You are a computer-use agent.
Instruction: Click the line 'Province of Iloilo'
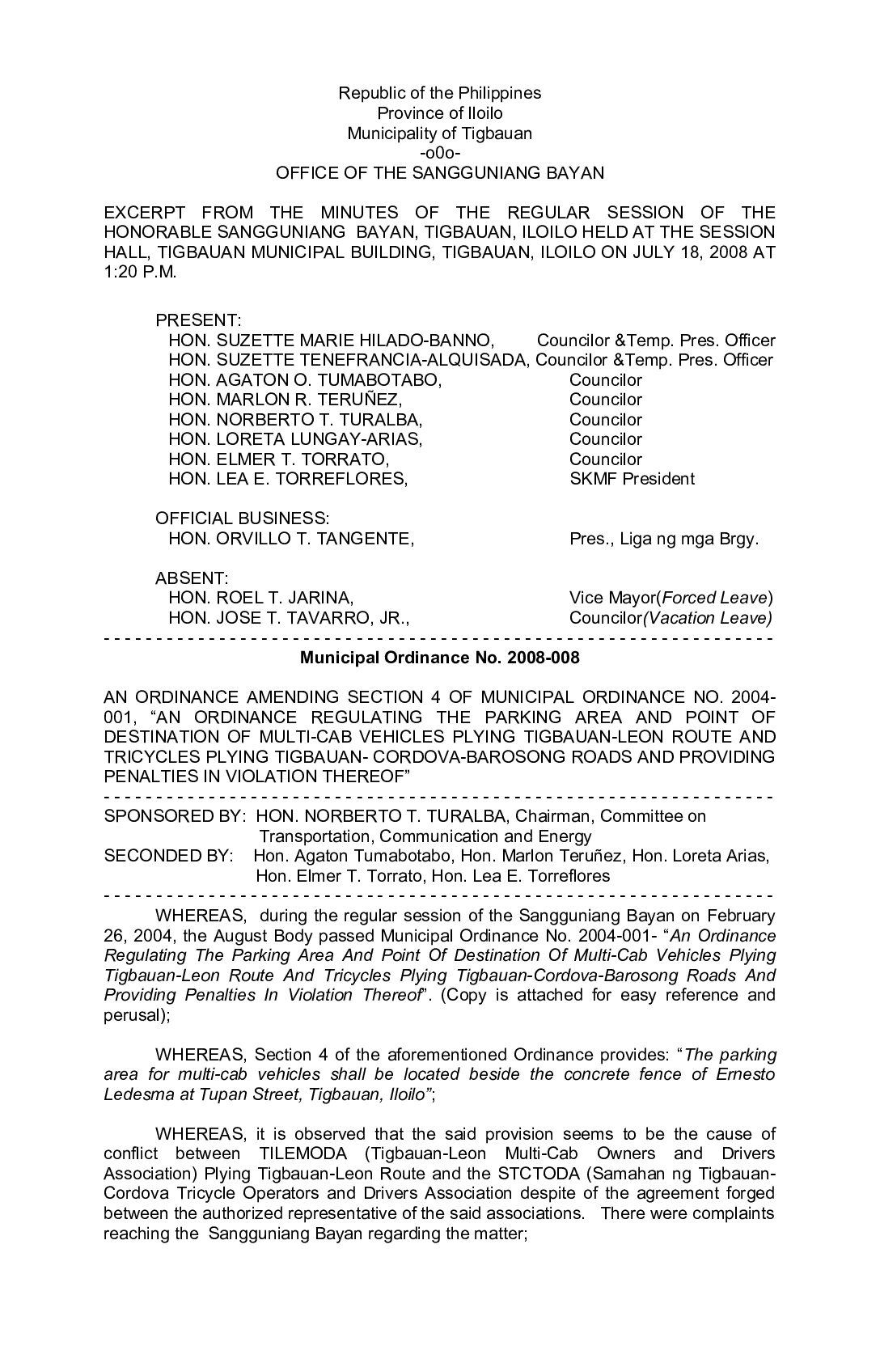(440, 113)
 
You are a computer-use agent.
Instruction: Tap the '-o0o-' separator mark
(440, 153)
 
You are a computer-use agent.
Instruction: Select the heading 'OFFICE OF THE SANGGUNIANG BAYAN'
(440, 173)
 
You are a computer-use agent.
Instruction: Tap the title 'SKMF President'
(632, 479)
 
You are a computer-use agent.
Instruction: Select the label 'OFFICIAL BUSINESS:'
(242, 519)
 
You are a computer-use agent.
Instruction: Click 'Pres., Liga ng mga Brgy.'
(664, 539)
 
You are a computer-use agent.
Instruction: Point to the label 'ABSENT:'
(192, 578)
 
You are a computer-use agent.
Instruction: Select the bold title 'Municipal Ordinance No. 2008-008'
(440, 658)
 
